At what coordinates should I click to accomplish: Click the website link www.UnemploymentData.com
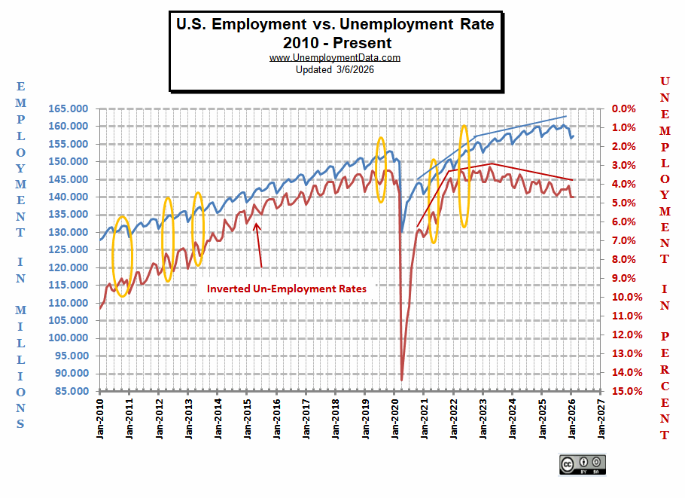point(334,57)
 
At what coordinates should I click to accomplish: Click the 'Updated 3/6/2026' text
point(334,69)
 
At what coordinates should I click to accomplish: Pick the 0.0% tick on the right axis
point(624,108)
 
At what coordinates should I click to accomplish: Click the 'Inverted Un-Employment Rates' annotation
point(287,289)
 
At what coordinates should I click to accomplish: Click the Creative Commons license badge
point(582,464)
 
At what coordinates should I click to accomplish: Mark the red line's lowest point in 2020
point(402,380)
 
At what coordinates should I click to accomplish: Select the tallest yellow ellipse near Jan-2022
point(464,177)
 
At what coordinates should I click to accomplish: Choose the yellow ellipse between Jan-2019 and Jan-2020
point(381,170)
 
